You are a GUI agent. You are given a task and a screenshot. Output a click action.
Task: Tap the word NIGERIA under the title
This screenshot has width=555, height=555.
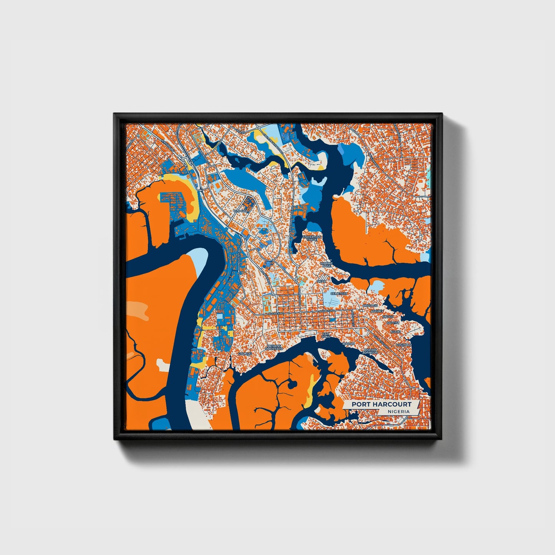(x=398, y=411)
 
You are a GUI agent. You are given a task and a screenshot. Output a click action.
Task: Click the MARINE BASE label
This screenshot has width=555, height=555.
(x=326, y=265)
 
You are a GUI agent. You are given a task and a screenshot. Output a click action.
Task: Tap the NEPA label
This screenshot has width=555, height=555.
(x=321, y=281)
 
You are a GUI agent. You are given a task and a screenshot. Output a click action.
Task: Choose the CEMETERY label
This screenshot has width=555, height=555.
(x=338, y=293)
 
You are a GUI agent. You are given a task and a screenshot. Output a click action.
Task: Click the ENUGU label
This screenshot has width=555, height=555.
(x=388, y=317)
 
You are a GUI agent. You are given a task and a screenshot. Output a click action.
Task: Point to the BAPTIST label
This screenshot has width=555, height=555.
(x=393, y=323)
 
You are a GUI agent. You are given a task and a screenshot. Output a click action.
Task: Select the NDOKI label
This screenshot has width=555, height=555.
(x=396, y=331)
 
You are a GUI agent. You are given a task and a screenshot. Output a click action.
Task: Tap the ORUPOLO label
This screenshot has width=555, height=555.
(x=404, y=345)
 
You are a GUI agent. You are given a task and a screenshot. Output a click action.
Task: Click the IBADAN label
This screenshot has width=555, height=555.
(x=349, y=344)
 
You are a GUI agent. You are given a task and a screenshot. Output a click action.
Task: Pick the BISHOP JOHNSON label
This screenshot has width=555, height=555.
(x=371, y=351)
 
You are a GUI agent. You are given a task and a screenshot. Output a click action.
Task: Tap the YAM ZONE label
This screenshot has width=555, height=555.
(x=326, y=335)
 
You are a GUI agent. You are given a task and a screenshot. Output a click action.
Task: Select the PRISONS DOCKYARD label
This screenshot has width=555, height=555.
(x=274, y=347)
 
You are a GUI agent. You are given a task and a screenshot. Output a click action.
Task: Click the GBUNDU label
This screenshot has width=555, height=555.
(x=245, y=353)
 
